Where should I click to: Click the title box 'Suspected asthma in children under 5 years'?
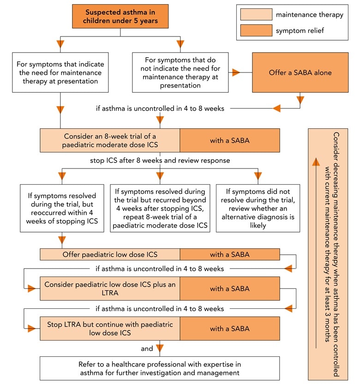tap(120, 17)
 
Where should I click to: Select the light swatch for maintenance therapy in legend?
tap(256, 14)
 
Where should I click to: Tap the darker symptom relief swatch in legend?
tap(256, 31)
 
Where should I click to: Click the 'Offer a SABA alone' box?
tap(300, 72)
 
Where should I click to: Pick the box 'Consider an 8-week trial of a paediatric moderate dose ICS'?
tap(110, 140)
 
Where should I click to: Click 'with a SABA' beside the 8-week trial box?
tap(229, 140)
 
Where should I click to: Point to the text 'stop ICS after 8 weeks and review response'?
tap(160, 161)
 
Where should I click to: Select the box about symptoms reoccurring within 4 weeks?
tap(60, 207)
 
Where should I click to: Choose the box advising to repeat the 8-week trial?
tap(160, 207)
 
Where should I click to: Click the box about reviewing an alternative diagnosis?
tap(258, 207)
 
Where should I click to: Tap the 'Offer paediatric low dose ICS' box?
tap(110, 254)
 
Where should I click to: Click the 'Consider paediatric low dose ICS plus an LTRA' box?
tap(110, 288)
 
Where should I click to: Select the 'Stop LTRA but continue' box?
tap(110, 328)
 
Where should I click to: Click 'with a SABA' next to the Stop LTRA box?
tap(229, 328)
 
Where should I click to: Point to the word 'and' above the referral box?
tap(147, 348)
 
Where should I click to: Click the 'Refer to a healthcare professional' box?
tap(160, 368)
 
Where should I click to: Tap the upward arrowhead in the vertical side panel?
tap(315, 162)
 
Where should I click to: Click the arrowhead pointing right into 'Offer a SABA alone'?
tap(237, 72)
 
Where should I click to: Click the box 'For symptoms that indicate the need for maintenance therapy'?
tap(60, 72)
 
